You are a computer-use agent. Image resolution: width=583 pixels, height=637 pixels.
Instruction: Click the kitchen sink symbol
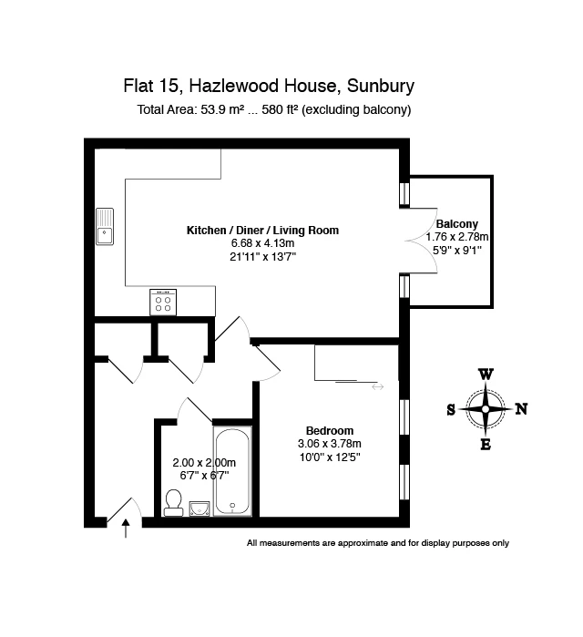(x=105, y=227)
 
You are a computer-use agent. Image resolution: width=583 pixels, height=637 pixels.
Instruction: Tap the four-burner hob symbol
(x=163, y=302)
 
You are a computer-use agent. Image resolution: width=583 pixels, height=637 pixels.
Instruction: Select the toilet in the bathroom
(x=173, y=503)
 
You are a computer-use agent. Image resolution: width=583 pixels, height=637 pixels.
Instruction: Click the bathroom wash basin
(x=199, y=509)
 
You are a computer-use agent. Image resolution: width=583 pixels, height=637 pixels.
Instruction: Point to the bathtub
(x=232, y=471)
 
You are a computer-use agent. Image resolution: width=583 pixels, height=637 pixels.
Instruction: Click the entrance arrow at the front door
(x=126, y=529)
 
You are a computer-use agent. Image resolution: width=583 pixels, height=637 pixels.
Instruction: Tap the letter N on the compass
(x=521, y=408)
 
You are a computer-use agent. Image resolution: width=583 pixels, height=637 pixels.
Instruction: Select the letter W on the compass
(x=486, y=375)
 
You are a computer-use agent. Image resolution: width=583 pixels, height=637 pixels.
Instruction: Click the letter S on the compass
(x=451, y=410)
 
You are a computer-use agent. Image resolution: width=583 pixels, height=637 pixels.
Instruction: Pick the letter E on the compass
(x=486, y=445)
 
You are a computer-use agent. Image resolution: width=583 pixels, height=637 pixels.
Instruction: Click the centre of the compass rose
(x=486, y=409)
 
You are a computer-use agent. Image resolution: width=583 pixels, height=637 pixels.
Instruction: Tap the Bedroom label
(x=330, y=431)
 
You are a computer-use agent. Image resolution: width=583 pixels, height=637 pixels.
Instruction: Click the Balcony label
(x=456, y=224)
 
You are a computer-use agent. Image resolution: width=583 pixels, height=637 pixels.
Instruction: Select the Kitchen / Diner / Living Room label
(x=262, y=231)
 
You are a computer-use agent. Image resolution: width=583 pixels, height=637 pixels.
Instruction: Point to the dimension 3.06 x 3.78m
(x=330, y=444)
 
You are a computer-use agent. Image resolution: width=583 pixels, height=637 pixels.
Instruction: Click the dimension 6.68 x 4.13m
(x=262, y=243)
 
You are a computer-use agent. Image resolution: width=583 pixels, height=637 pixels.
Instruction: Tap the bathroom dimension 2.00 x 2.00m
(x=204, y=463)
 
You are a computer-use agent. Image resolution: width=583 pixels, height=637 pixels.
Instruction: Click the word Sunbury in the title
(x=381, y=87)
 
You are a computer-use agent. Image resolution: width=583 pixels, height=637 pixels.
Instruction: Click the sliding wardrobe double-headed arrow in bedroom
(x=377, y=386)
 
